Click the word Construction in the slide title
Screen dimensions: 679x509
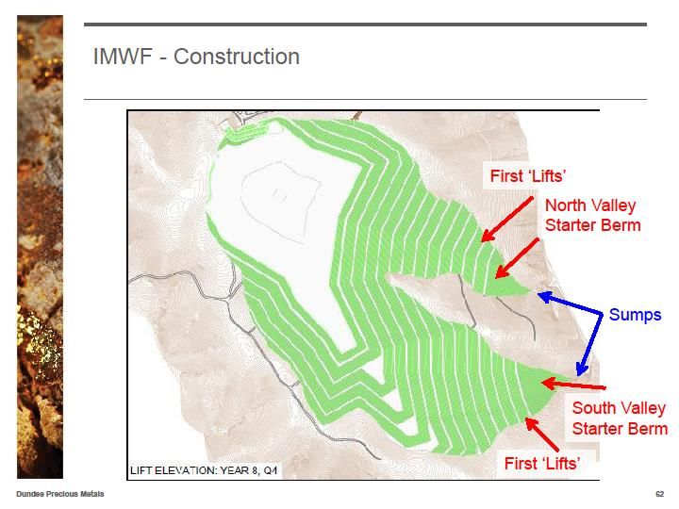237,57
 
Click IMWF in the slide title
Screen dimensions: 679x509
123,57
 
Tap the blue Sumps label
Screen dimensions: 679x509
635,315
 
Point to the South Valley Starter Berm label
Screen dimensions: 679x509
620,419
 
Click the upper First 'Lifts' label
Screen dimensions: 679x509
528,175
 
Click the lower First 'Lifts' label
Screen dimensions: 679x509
542,463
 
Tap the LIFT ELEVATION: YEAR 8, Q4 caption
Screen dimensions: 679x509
204,470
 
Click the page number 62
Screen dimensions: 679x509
660,494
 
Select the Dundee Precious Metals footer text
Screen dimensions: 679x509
60,494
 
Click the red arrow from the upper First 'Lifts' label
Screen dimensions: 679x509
507,220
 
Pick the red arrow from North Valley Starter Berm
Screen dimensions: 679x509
517,258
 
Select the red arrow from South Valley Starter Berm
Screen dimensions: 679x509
573,385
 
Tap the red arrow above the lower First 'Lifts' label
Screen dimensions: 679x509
542,435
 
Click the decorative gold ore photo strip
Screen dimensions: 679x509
40,247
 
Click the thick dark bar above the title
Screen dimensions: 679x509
365,25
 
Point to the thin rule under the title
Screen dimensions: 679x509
365,99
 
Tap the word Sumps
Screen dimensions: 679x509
635,315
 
